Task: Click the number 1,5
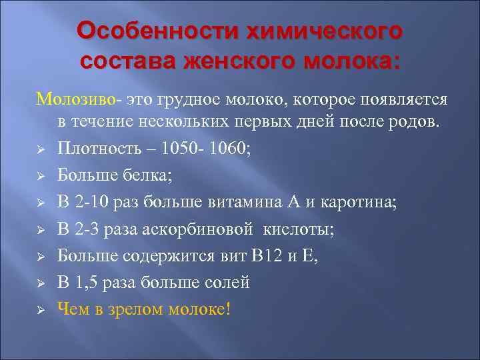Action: (x=87, y=283)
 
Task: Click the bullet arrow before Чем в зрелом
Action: (x=40, y=310)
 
